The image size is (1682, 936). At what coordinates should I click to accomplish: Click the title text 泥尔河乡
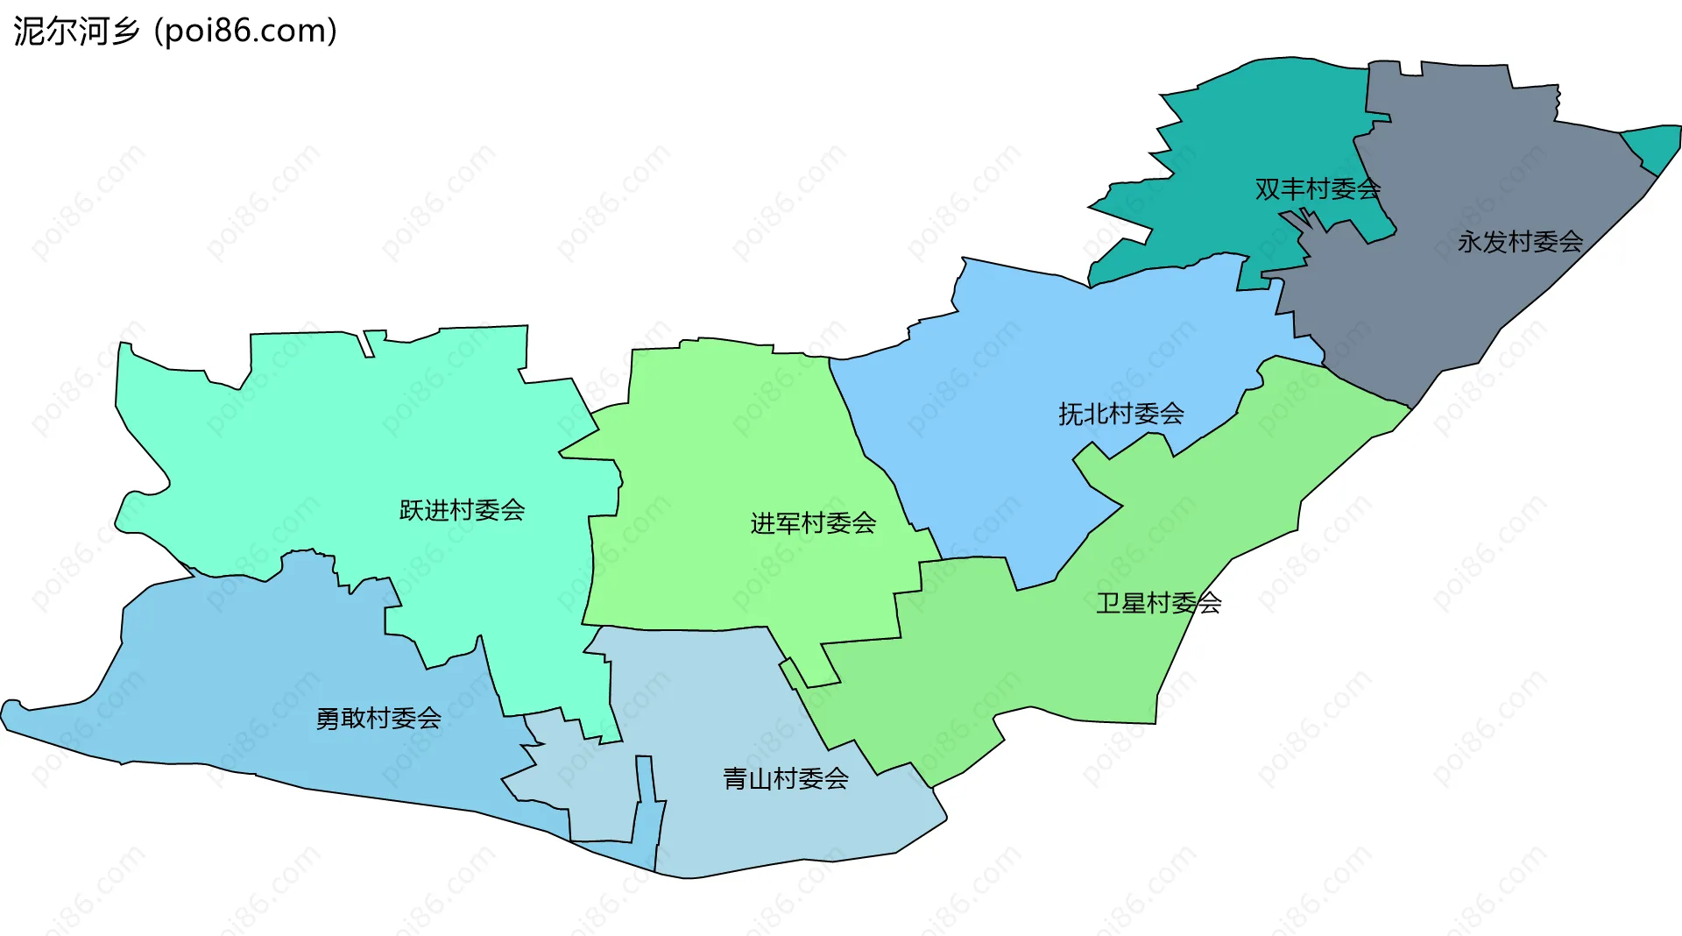[77, 32]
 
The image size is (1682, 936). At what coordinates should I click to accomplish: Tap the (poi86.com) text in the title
[246, 32]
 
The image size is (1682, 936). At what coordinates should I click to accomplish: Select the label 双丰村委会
[1318, 188]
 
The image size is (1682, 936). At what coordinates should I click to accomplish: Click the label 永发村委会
[1520, 241]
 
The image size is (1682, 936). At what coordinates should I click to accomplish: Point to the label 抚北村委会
[1120, 414]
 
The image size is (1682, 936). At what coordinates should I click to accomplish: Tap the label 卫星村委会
[1158, 603]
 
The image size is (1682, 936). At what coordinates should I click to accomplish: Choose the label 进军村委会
[813, 523]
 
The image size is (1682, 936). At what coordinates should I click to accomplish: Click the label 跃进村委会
[462, 509]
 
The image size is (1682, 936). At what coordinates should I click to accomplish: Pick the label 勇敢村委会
[378, 719]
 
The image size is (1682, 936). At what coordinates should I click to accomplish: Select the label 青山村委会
[786, 778]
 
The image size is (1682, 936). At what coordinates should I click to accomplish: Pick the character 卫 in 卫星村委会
[1108, 603]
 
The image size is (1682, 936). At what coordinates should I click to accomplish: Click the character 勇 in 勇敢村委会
[328, 719]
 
